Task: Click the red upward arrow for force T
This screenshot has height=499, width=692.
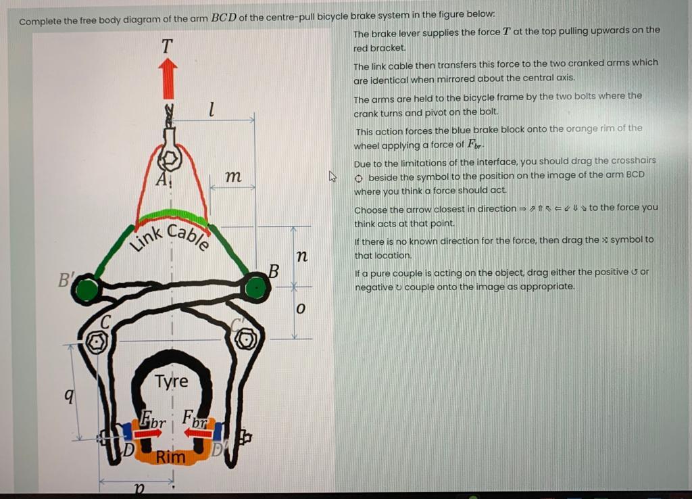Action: pos(168,78)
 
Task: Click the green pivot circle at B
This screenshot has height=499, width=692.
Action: pos(255,289)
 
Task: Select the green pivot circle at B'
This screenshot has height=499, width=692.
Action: pos(86,291)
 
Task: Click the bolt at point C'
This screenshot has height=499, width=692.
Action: pos(247,339)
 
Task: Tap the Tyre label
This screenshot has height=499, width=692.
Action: pos(172,381)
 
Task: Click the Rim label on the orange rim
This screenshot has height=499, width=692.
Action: pos(170,457)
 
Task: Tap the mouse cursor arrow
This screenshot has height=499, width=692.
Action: pos(332,176)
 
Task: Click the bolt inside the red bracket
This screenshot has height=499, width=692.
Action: pos(170,160)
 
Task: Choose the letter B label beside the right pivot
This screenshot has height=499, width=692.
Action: pos(274,272)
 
